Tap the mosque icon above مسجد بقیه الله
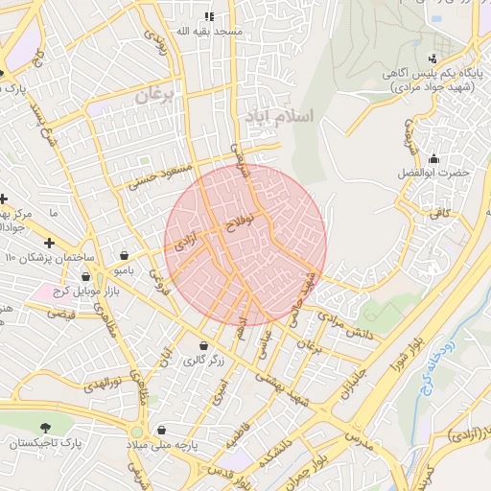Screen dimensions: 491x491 (x=209, y=16)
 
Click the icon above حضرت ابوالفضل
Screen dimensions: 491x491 (x=434, y=159)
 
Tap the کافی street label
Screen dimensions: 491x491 (x=440, y=213)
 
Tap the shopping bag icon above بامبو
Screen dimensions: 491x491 (x=126, y=255)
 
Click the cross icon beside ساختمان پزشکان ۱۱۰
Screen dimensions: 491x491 (x=49, y=244)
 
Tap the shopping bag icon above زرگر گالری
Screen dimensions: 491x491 (x=203, y=345)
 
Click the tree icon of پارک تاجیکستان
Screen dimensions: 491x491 (x=44, y=427)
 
